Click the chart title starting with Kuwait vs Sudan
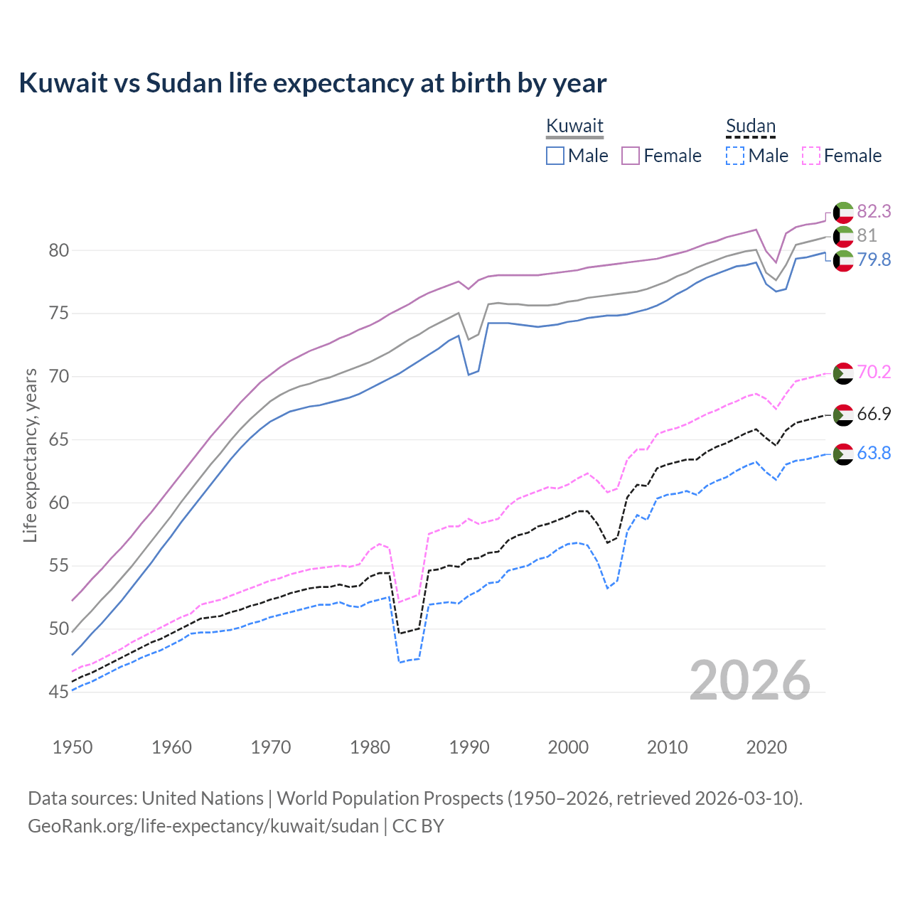click(312, 83)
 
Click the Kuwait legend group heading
click(574, 126)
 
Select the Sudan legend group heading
click(750, 126)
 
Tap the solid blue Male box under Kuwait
click(555, 156)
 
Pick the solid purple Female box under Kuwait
click(631, 156)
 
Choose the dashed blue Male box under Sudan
click(735, 156)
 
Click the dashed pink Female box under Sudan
click(811, 156)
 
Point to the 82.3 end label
click(874, 211)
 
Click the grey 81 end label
click(867, 235)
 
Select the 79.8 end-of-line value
click(874, 259)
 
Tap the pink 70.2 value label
click(874, 372)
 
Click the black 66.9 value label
click(874, 414)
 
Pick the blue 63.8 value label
click(874, 453)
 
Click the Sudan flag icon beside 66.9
click(843, 414)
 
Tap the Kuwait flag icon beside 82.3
click(843, 212)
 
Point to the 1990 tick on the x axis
click(469, 747)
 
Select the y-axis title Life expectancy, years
click(30, 455)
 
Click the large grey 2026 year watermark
click(749, 680)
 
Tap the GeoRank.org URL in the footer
click(203, 825)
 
